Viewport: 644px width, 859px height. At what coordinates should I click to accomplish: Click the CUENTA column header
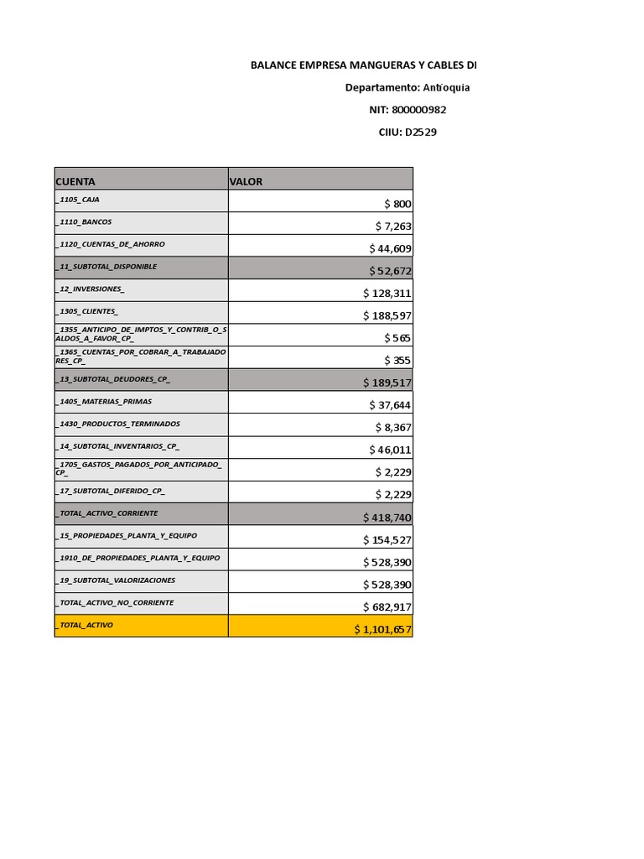[x=75, y=181]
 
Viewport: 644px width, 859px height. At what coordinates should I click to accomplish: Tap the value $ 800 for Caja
[x=397, y=204]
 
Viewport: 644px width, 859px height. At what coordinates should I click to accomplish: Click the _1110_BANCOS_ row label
[x=85, y=222]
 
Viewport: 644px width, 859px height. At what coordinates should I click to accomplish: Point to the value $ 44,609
[x=390, y=248]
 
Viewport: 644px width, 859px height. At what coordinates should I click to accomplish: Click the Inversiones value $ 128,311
[x=387, y=294]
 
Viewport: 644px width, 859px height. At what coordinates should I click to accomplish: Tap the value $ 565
[x=397, y=338]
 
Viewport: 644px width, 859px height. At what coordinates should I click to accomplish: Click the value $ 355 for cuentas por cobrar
[x=397, y=361]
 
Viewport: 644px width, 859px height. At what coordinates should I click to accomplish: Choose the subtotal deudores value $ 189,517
[x=387, y=383]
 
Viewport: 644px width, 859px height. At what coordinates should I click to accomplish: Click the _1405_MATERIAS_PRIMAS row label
[x=105, y=402]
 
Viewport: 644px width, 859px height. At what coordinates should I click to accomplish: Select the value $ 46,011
[x=390, y=450]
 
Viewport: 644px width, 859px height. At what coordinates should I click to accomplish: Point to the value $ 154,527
[x=387, y=540]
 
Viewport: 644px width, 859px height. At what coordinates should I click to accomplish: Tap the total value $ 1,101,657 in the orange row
[x=382, y=629]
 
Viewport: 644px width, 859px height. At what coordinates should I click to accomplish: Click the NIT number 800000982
[x=418, y=110]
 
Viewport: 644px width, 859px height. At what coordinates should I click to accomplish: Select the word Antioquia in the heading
[x=446, y=88]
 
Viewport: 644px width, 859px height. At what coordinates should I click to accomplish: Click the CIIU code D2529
[x=420, y=133]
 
